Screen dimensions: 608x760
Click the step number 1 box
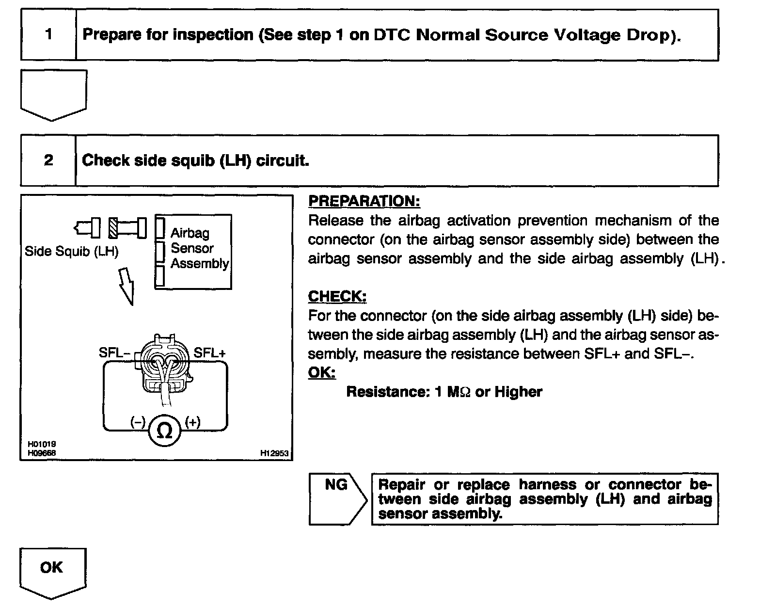pyautogui.click(x=48, y=35)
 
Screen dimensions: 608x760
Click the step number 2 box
pyautogui.click(x=48, y=160)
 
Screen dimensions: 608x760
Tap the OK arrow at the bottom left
pyautogui.click(x=52, y=571)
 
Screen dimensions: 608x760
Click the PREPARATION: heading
pyautogui.click(x=364, y=201)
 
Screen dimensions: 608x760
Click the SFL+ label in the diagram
pyautogui.click(x=209, y=352)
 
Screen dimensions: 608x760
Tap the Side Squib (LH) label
pyautogui.click(x=72, y=252)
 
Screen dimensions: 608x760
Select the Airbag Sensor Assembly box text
pyautogui.click(x=199, y=248)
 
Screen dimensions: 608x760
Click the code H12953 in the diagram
pyautogui.click(x=274, y=453)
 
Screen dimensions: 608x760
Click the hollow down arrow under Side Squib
pyautogui.click(x=127, y=286)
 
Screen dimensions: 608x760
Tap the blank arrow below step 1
pyautogui.click(x=53, y=95)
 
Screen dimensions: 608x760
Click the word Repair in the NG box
pyautogui.click(x=401, y=485)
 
